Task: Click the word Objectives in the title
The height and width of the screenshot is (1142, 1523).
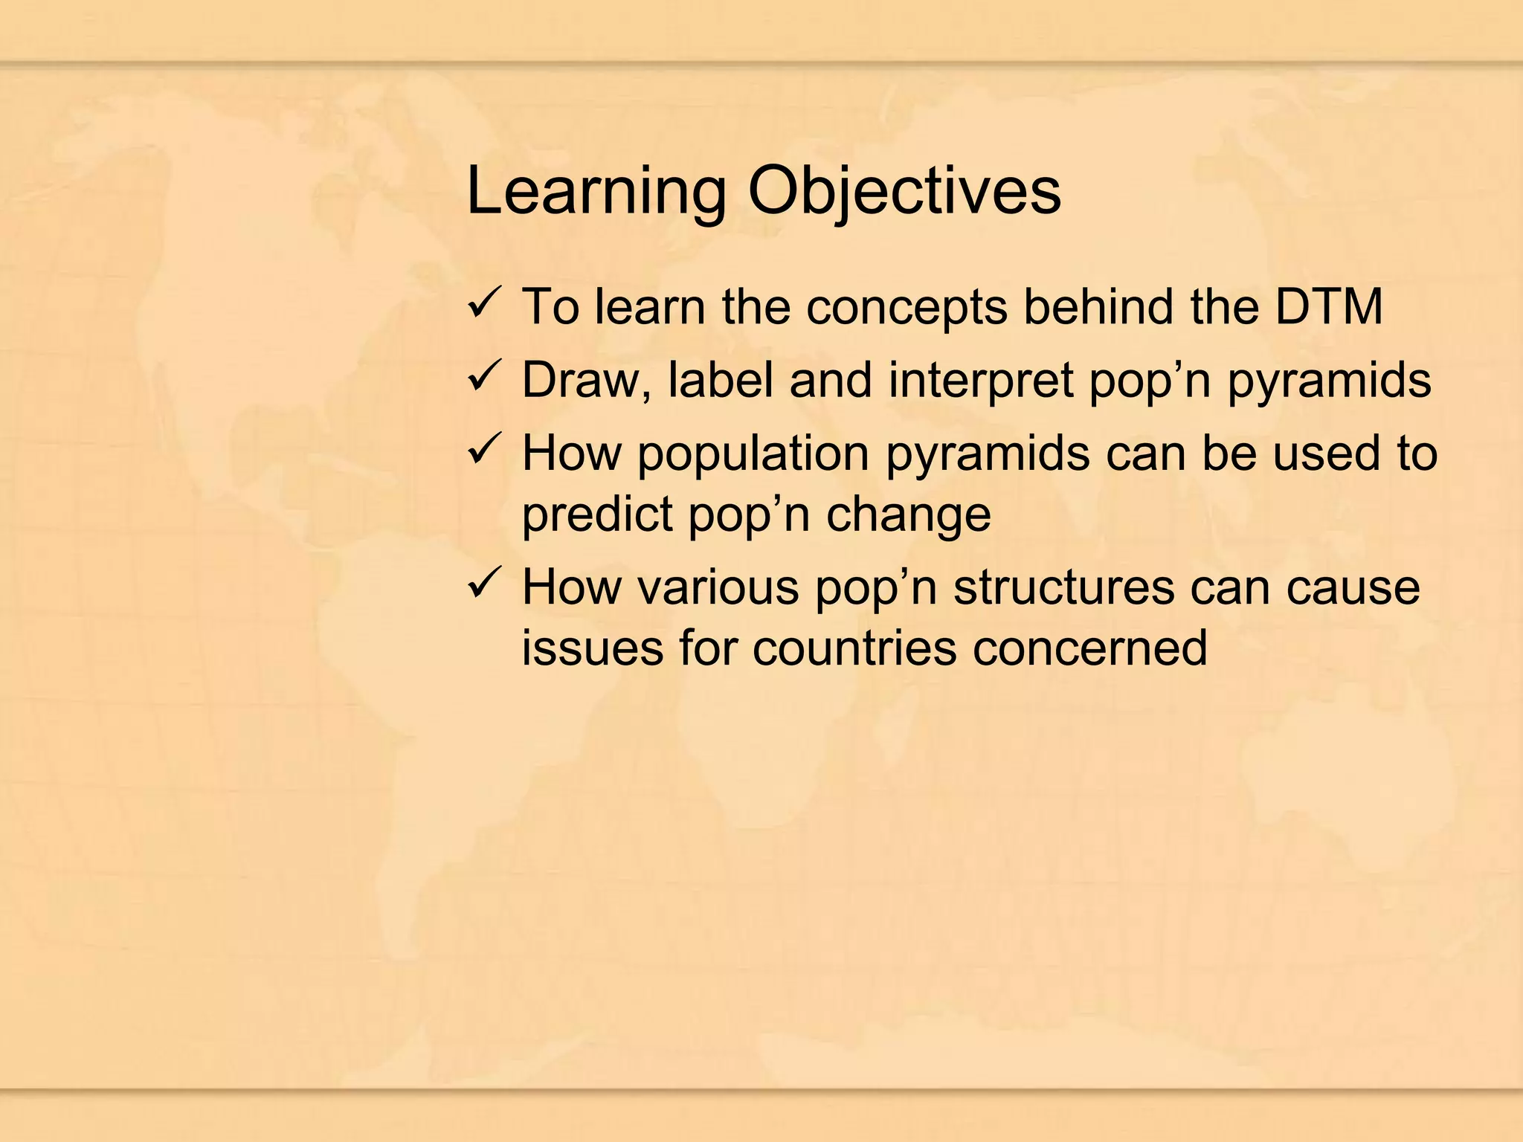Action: tap(904, 192)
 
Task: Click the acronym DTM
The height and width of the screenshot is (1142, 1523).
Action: tap(1329, 306)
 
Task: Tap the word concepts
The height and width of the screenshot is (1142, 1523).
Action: tap(907, 308)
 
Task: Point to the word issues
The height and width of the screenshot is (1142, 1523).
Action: tap(592, 648)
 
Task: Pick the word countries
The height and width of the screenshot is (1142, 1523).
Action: tap(854, 648)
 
